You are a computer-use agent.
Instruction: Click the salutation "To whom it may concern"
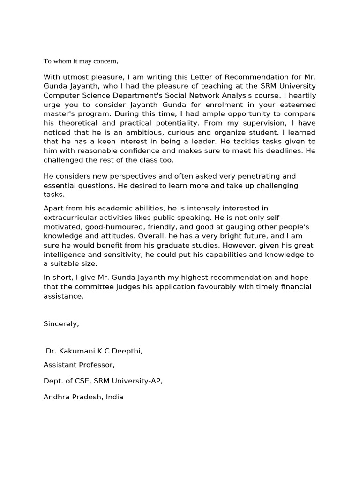(81, 61)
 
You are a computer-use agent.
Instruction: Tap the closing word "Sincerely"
(61, 323)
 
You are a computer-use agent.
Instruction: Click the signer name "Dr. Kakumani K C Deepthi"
(94, 351)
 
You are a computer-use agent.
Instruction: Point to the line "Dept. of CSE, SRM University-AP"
(103, 381)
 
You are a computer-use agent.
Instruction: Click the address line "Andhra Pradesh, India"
(83, 397)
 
